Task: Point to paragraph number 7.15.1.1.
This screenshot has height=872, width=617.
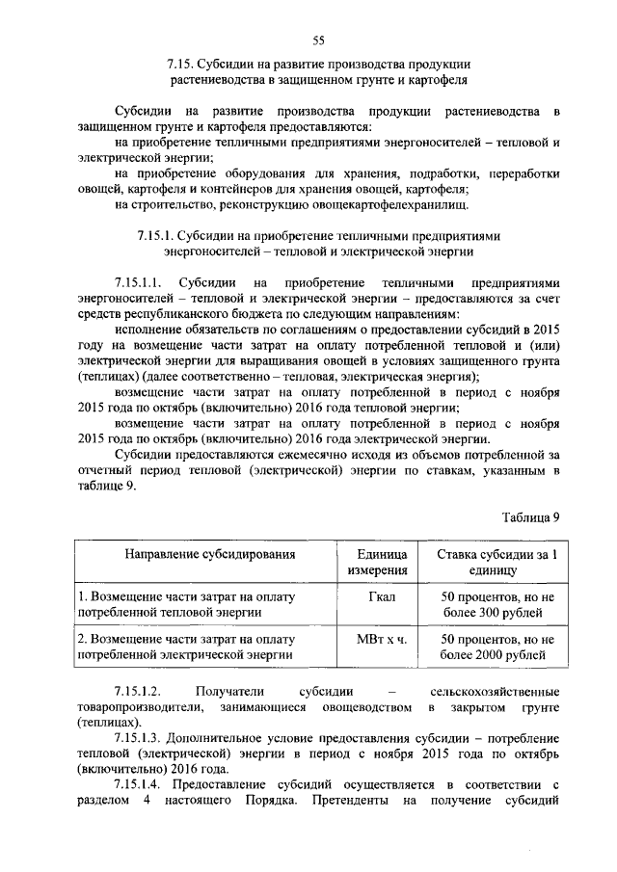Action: (x=140, y=284)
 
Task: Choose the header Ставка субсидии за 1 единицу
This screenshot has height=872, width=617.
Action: (x=497, y=564)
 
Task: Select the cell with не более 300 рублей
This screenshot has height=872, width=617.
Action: (x=497, y=604)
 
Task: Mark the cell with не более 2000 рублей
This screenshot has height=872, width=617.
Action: (x=497, y=647)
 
